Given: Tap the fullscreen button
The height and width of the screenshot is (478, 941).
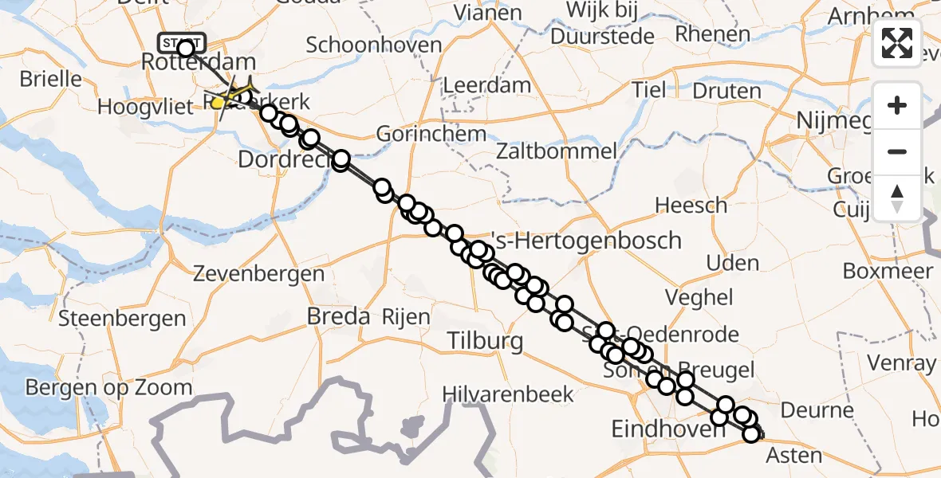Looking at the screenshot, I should click(x=897, y=43).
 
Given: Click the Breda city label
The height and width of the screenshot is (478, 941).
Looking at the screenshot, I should click(x=339, y=316).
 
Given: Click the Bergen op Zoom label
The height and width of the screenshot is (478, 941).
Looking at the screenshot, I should click(x=109, y=388).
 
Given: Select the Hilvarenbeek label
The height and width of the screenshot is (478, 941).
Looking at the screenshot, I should click(x=510, y=394).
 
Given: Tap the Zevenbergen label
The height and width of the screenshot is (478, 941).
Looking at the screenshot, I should click(x=259, y=275).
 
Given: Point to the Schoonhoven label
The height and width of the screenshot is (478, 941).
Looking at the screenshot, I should click(x=374, y=45).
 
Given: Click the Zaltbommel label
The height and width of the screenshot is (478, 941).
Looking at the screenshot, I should click(x=556, y=151).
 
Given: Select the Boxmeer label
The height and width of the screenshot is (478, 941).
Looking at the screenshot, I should click(x=888, y=271).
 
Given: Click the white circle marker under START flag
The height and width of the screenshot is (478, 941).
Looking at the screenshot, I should click(x=186, y=49).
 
